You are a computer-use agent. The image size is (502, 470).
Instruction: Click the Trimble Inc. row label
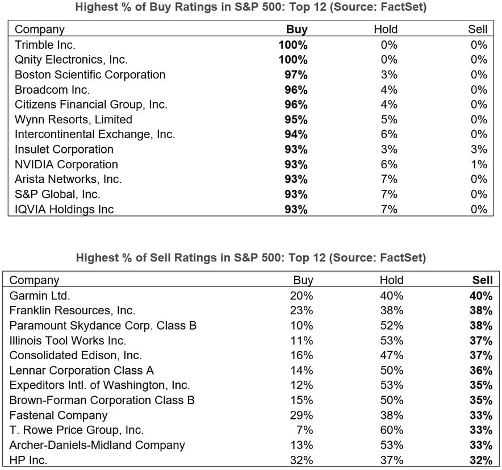click(x=45, y=44)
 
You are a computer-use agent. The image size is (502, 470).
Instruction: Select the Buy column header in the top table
click(x=296, y=30)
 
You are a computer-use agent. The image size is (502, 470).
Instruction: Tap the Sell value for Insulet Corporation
click(x=478, y=149)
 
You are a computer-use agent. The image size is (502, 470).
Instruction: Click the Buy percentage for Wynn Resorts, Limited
click(x=295, y=119)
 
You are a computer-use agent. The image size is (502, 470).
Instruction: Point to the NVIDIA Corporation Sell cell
click(x=478, y=164)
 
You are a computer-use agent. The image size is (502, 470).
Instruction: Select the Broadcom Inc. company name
click(x=52, y=90)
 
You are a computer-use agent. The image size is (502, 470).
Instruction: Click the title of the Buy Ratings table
click(x=250, y=7)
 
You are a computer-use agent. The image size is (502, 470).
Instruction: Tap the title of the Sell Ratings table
click(x=250, y=258)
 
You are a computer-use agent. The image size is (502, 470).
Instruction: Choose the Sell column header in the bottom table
click(x=482, y=280)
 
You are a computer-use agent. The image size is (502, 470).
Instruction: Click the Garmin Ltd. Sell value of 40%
click(x=481, y=296)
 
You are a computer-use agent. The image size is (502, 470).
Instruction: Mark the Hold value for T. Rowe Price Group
click(x=391, y=430)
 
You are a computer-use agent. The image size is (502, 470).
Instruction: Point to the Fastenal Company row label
click(x=58, y=415)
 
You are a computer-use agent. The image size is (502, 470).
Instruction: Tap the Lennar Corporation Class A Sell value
click(x=481, y=371)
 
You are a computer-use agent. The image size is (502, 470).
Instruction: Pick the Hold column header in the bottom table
click(x=391, y=280)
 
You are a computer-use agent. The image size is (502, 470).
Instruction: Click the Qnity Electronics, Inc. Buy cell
click(x=293, y=60)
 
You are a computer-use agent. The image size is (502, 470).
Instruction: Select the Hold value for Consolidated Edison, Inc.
click(x=391, y=355)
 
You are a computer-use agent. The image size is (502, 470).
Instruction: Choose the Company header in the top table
click(x=40, y=30)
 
